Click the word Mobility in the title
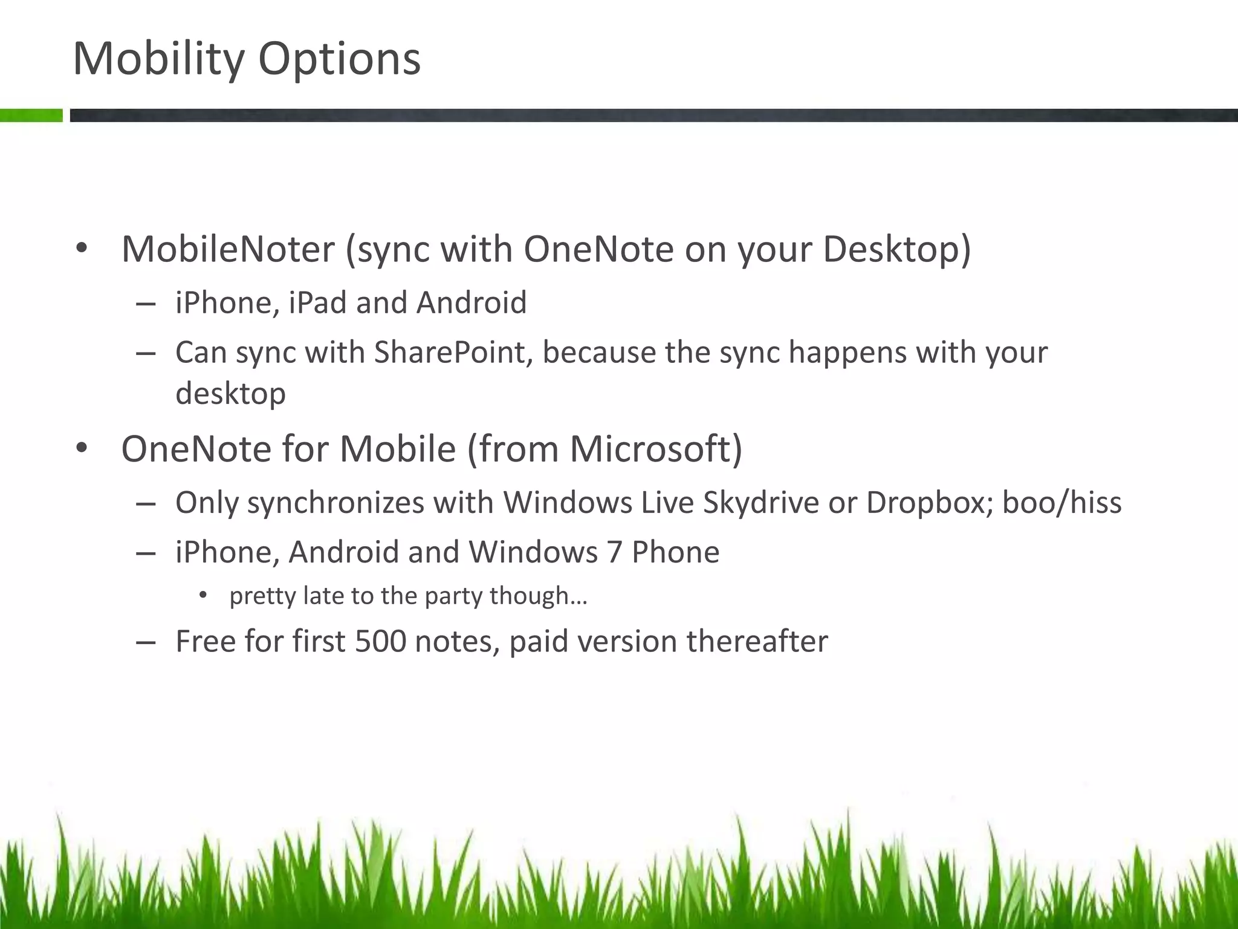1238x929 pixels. [158, 59]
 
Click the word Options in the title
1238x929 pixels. [339, 59]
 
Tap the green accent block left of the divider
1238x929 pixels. [31, 115]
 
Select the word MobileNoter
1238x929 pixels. [228, 249]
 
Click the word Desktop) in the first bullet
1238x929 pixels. [897, 249]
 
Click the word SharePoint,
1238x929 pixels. [453, 353]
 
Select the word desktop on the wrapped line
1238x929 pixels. [230, 394]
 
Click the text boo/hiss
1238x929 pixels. [1061, 503]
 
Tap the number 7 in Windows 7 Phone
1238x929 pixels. [614, 552]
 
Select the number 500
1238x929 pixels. [380, 642]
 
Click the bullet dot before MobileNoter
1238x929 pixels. [82, 249]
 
